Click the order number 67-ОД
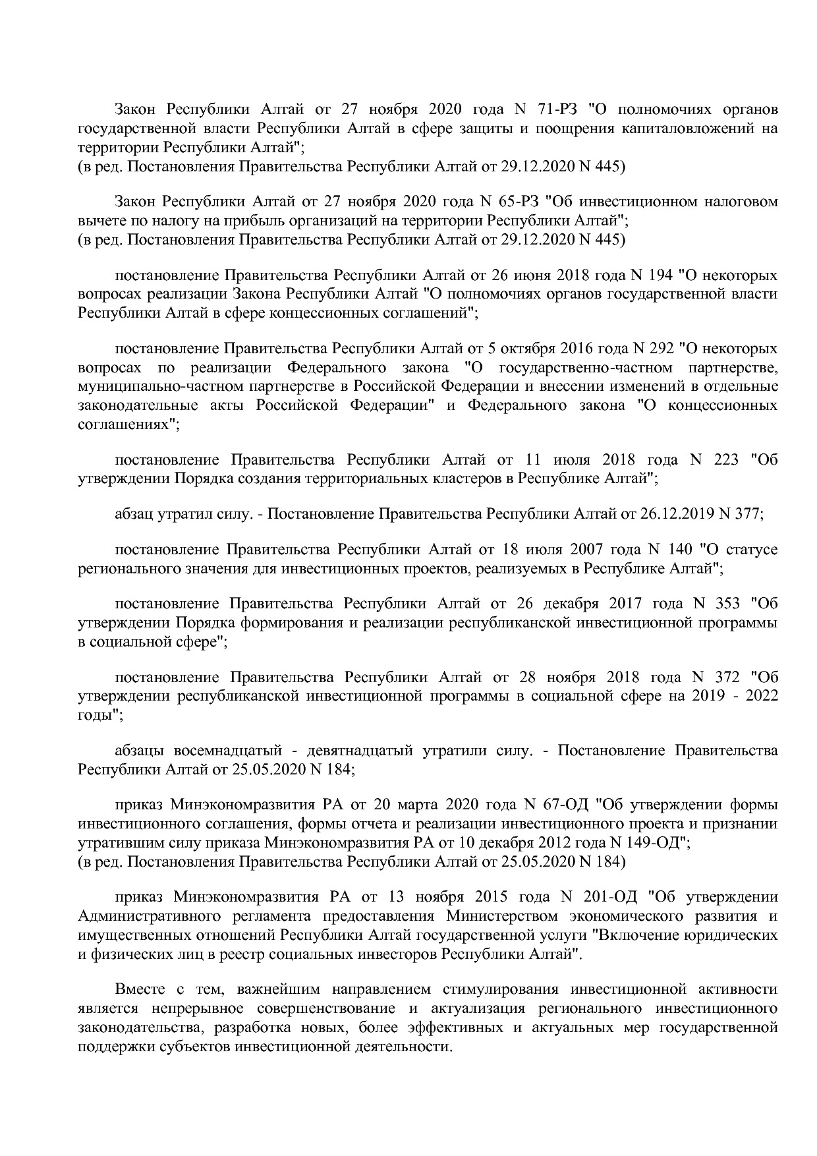(563, 805)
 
